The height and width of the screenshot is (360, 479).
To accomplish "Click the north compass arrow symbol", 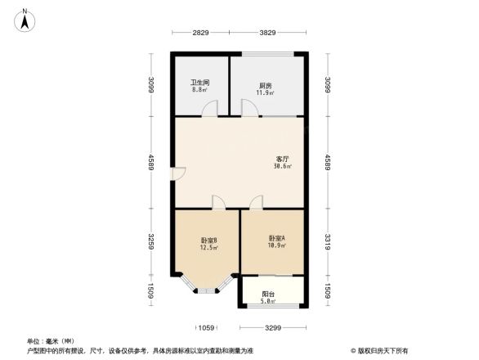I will pyautogui.click(x=25, y=19).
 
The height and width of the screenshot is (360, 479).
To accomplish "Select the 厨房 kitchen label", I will pyautogui.click(x=266, y=85).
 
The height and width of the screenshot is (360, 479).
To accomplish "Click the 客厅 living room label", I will pyautogui.click(x=283, y=158).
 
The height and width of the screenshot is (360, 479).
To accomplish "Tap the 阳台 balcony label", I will pyautogui.click(x=268, y=295).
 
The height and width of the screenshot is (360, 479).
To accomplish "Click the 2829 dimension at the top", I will pyautogui.click(x=201, y=33).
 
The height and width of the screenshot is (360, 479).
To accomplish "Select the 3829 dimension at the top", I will pyautogui.click(x=268, y=33).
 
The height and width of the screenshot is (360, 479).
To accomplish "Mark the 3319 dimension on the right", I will pyautogui.click(x=328, y=243).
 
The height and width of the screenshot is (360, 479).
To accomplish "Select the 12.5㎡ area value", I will pyautogui.click(x=208, y=248).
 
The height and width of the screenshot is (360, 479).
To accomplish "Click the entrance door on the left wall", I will pyautogui.click(x=178, y=174).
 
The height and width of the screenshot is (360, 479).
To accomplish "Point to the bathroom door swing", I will pyautogui.click(x=211, y=107).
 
